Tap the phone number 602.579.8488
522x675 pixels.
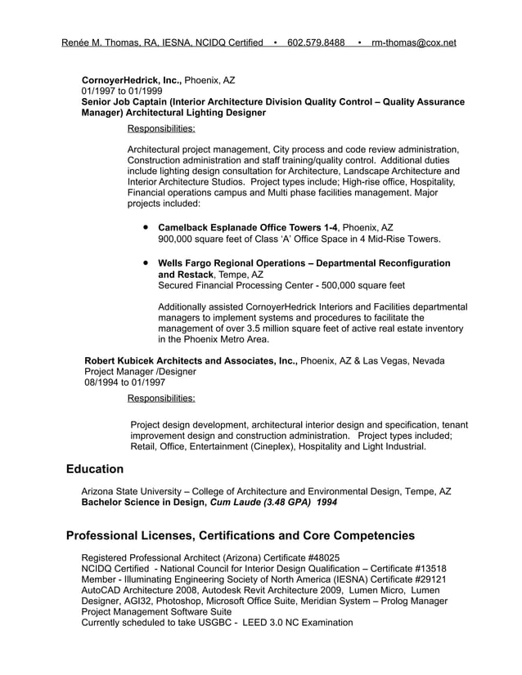[316, 42]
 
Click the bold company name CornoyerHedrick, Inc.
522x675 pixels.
[131, 81]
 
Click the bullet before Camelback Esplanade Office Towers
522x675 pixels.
[145, 227]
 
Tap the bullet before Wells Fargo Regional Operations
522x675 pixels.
[145, 264]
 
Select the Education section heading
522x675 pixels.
[95, 469]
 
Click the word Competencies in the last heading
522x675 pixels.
[368, 536]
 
